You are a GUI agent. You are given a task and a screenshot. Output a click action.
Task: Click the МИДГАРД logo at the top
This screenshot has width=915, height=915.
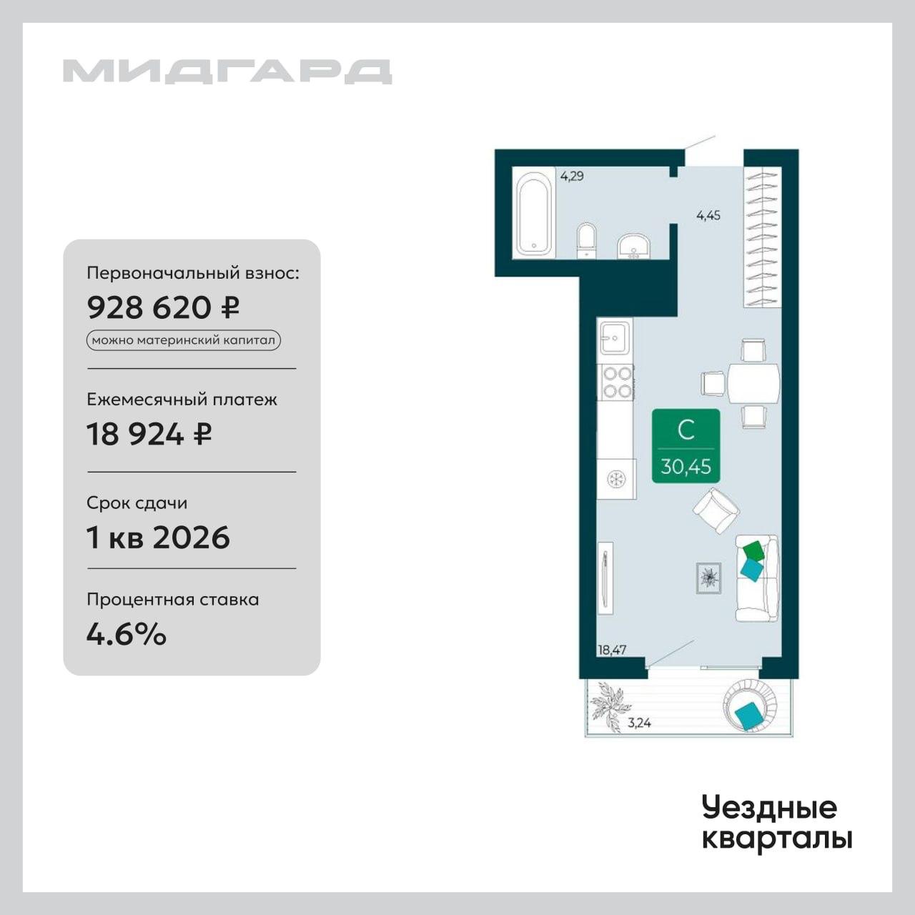point(227,71)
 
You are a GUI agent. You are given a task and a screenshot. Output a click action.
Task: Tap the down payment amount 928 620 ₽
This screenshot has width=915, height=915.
point(163,307)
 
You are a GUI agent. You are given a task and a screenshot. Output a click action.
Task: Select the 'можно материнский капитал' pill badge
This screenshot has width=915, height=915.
point(183,340)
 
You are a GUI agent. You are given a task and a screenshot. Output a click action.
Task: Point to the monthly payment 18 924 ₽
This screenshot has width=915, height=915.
point(149,434)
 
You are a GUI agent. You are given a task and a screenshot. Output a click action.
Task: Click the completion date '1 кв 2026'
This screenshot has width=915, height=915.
point(158,538)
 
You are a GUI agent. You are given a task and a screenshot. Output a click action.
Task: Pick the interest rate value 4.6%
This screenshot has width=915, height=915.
point(127,634)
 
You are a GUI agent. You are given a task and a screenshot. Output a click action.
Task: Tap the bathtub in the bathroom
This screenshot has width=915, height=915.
point(534,214)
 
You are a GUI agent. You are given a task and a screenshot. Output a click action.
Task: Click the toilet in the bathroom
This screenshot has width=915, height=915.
point(587,240)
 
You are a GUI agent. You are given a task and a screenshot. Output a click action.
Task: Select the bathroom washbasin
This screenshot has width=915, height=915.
point(634,246)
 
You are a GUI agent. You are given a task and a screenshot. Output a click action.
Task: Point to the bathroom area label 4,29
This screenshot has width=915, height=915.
point(572,177)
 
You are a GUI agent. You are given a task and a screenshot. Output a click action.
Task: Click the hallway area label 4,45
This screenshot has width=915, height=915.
point(708,216)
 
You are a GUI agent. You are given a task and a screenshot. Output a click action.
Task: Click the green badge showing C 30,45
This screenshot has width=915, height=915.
point(686,446)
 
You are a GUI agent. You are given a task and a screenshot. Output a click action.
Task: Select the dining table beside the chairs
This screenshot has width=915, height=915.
point(753,382)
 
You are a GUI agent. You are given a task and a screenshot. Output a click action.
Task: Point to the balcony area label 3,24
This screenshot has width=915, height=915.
point(639,723)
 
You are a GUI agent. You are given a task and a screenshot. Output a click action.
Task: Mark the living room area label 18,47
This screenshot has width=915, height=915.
point(612,650)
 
